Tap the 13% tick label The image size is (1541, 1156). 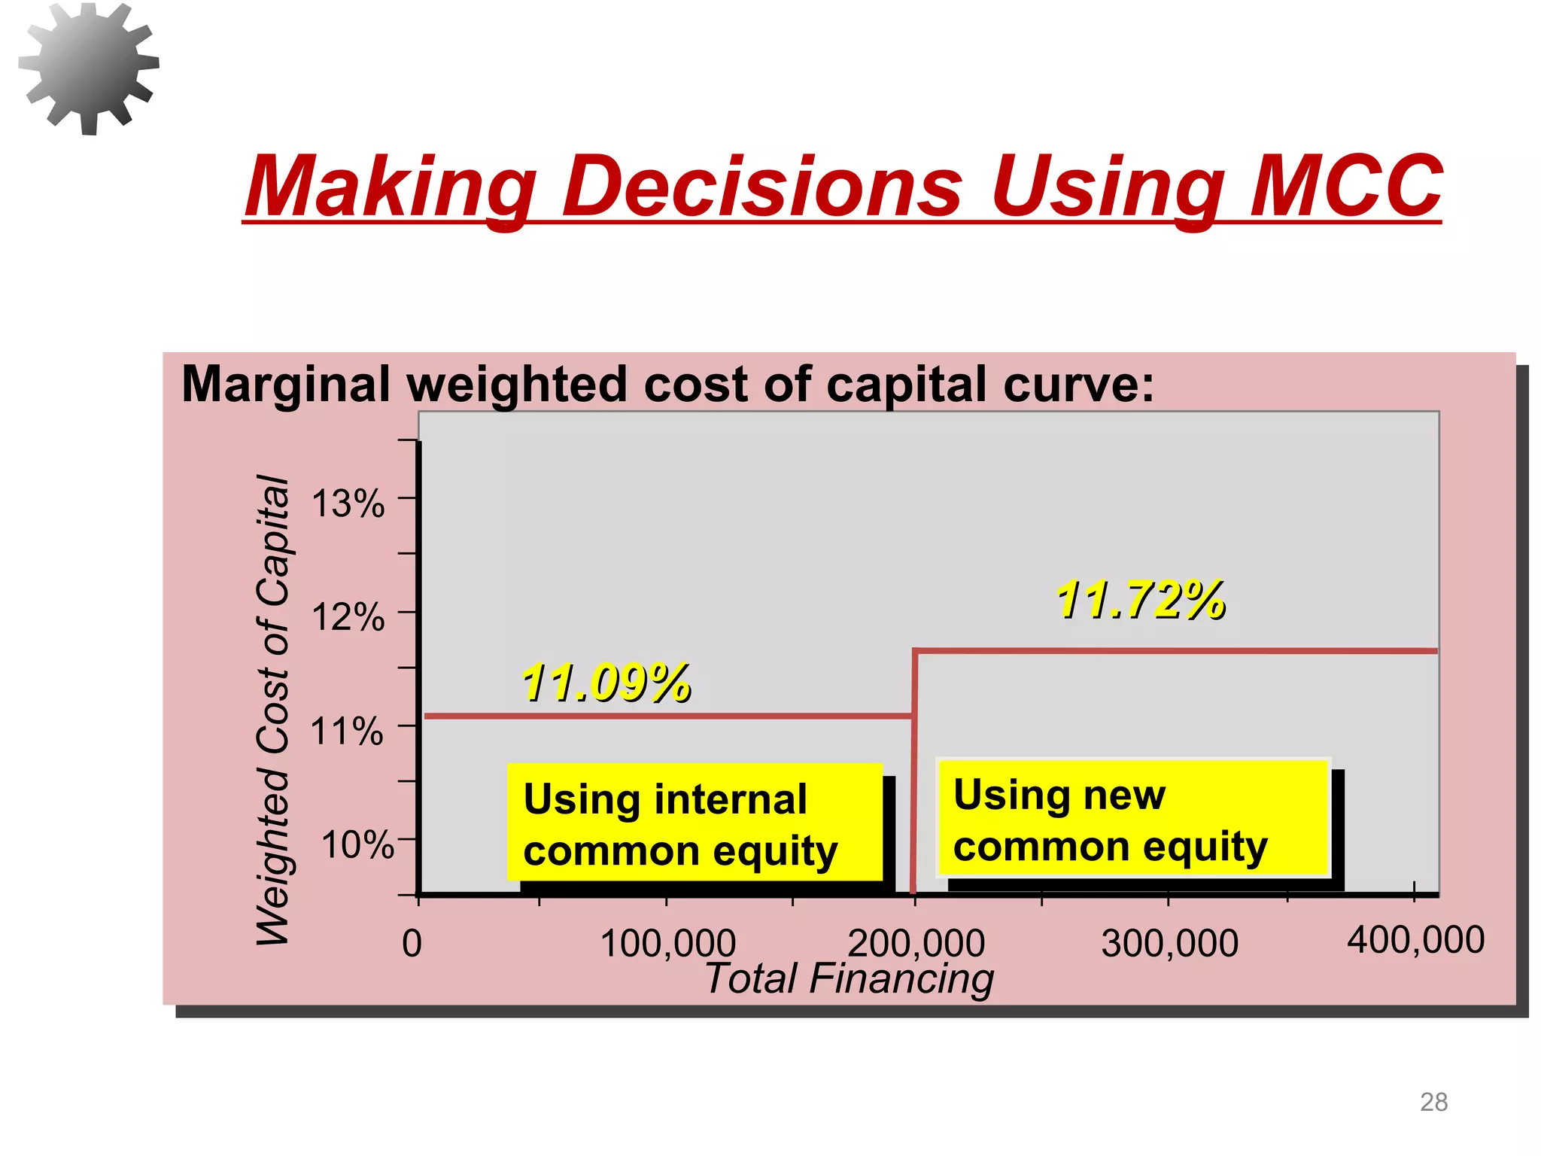pyautogui.click(x=348, y=503)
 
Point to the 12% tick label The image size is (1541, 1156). pyautogui.click(x=348, y=618)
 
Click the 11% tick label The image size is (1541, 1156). pyautogui.click(x=347, y=732)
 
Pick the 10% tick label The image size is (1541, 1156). pyautogui.click(x=357, y=845)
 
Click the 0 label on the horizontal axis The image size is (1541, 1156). pyautogui.click(x=412, y=944)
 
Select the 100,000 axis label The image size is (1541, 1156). pyautogui.click(x=667, y=944)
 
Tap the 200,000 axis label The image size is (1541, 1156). pyautogui.click(x=916, y=944)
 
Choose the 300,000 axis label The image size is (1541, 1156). pyautogui.click(x=1169, y=944)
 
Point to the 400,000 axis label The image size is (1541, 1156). pyautogui.click(x=1415, y=940)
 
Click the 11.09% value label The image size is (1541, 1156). pyautogui.click(x=606, y=683)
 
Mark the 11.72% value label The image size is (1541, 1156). pyautogui.click(x=1141, y=601)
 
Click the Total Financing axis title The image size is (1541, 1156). pyautogui.click(x=849, y=979)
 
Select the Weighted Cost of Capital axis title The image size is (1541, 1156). pyautogui.click(x=272, y=710)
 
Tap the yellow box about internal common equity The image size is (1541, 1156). pyautogui.click(x=694, y=823)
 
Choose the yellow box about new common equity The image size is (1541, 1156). pyautogui.click(x=1132, y=819)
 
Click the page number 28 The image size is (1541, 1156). pyautogui.click(x=1433, y=1102)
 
